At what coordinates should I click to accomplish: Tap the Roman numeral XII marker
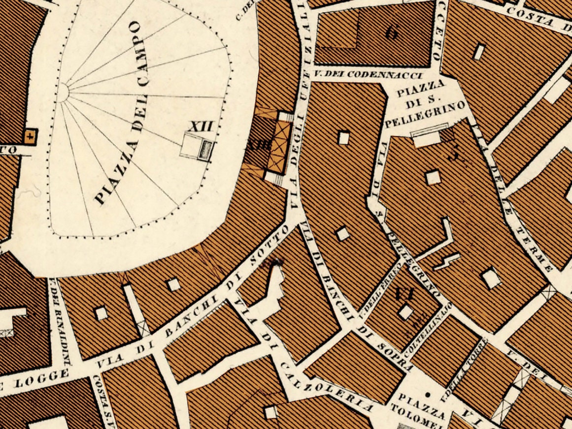click(x=201, y=126)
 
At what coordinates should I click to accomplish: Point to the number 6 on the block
click(x=392, y=33)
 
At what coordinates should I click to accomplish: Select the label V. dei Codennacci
click(x=369, y=75)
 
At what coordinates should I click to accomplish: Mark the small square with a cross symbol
click(x=31, y=136)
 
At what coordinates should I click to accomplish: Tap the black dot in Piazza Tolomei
click(x=427, y=395)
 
